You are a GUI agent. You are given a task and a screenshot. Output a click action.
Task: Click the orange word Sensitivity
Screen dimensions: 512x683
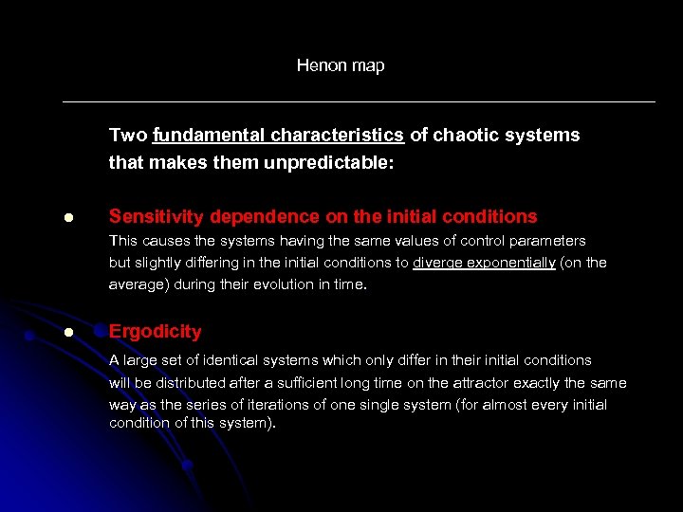click(x=152, y=216)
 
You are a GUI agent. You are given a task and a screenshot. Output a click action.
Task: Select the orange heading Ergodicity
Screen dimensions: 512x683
click(x=156, y=332)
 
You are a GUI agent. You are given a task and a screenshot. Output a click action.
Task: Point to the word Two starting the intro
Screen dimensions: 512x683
click(x=128, y=135)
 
